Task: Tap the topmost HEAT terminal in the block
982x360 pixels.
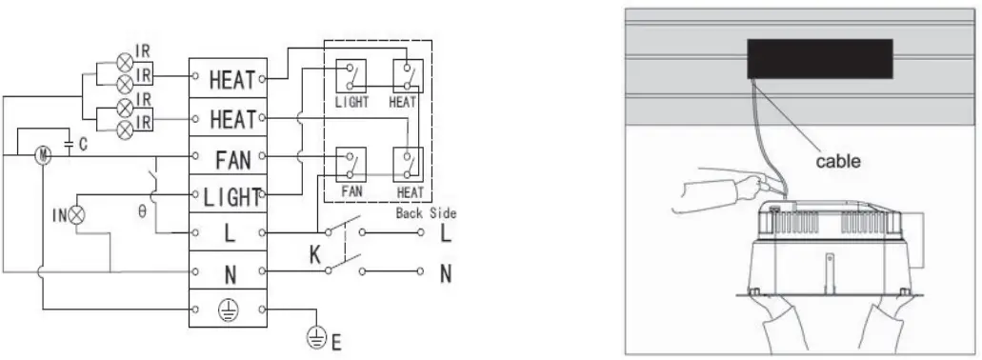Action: (232, 79)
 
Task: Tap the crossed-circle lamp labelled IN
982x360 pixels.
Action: (77, 216)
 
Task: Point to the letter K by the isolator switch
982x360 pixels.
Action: (314, 252)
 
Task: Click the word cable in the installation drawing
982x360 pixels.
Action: (838, 162)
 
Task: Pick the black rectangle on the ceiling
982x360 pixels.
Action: (819, 59)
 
